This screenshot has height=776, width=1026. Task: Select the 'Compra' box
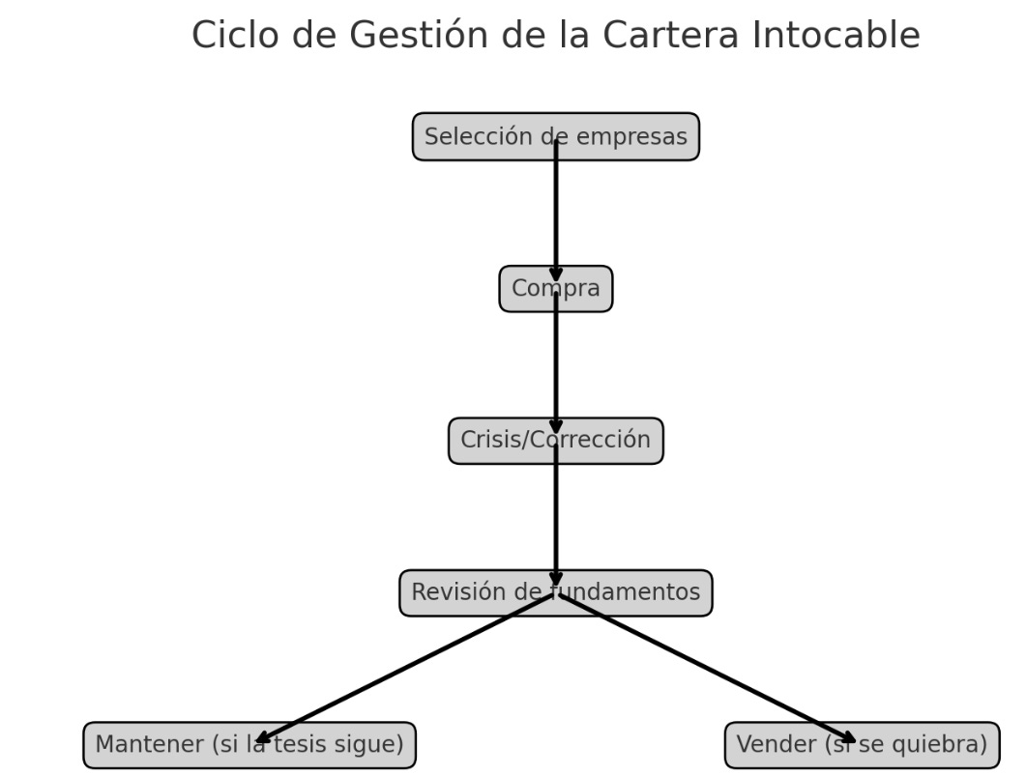527,289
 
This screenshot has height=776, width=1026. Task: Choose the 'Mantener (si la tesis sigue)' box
174,745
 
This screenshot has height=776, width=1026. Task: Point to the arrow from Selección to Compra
556,213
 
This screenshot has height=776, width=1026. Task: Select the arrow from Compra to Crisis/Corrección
556,365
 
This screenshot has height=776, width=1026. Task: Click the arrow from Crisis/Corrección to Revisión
556,517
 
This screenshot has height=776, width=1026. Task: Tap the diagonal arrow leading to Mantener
406,669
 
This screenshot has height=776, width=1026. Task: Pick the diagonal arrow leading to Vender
706,669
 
